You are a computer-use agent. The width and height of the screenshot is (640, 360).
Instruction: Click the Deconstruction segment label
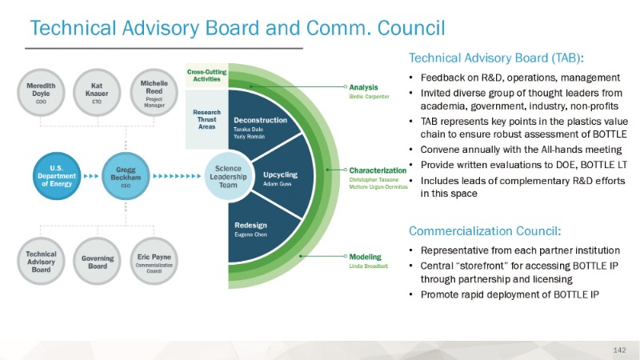(260, 120)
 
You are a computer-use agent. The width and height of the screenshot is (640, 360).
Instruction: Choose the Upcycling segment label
(280, 174)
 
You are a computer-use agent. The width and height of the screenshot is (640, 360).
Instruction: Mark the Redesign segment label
(250, 226)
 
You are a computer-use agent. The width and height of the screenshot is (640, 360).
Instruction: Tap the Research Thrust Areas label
(206, 118)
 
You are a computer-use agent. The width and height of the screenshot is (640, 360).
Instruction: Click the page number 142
(618, 350)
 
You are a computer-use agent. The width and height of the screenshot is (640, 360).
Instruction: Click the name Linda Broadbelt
(369, 266)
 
